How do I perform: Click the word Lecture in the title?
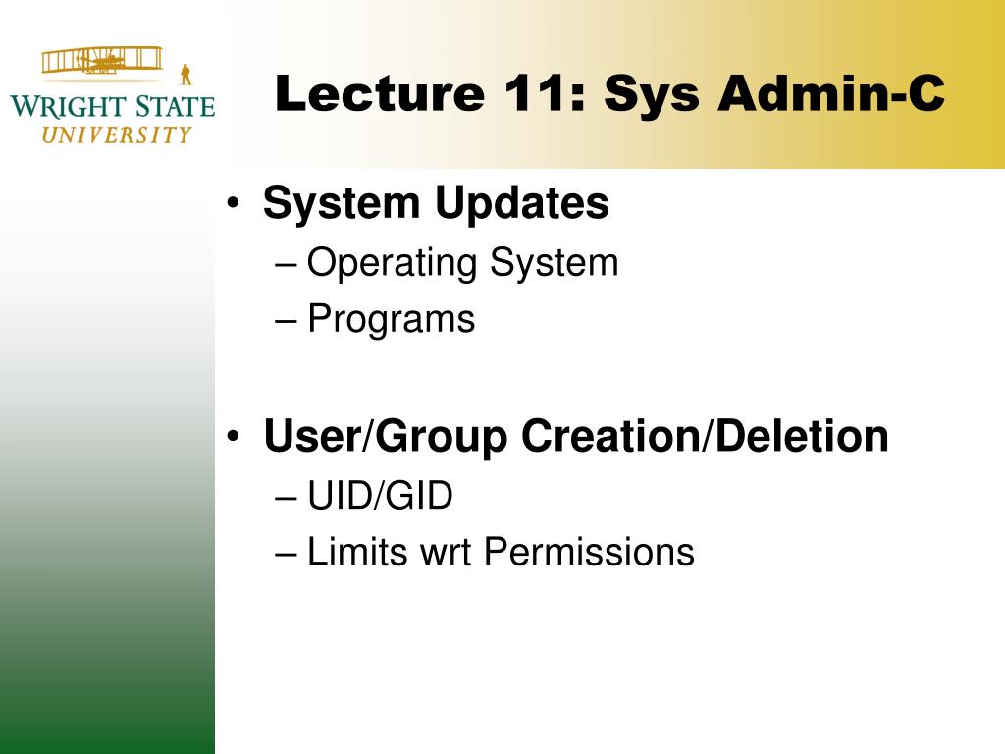pos(379,93)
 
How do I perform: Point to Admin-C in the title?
pos(831,93)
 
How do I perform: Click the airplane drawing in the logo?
pos(102,61)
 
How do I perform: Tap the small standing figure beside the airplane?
pos(185,75)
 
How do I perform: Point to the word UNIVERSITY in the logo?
pos(117,135)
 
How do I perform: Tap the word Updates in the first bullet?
pos(522,204)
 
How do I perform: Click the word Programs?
pos(391,319)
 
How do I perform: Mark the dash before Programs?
pos(286,320)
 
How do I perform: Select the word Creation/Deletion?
pos(705,436)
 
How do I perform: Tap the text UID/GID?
pos(380,495)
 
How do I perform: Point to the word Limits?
pos(357,552)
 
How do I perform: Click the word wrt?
pos(446,554)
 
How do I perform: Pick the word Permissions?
pos(589,552)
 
